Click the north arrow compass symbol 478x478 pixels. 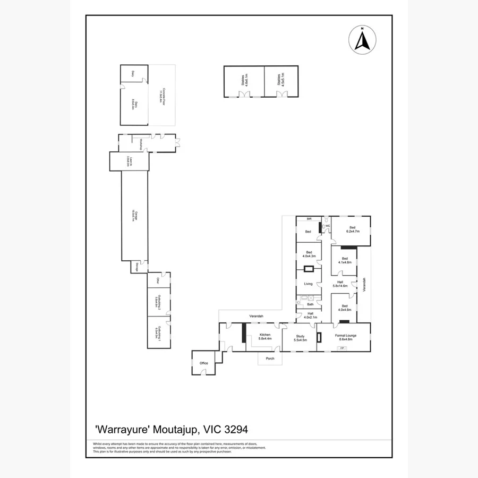pyautogui.click(x=362, y=39)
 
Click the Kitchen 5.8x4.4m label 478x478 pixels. pyautogui.click(x=264, y=337)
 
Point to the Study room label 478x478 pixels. pyautogui.click(x=300, y=338)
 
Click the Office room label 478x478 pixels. pyautogui.click(x=204, y=363)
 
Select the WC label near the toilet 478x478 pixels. pyautogui.click(x=328, y=226)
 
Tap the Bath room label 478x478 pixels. pyautogui.click(x=310, y=304)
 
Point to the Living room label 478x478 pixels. pyautogui.click(x=308, y=284)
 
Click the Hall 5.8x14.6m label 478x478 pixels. pyautogui.click(x=340, y=284)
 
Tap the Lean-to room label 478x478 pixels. pyautogui.click(x=129, y=161)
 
